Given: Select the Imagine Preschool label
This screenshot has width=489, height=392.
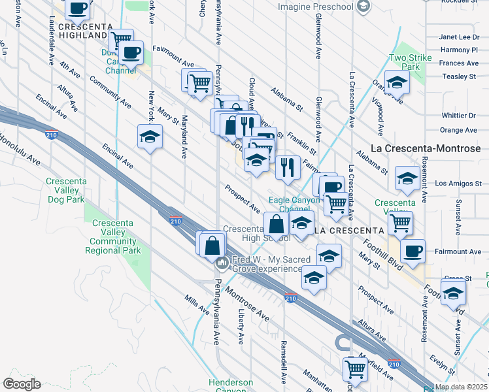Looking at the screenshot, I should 316,7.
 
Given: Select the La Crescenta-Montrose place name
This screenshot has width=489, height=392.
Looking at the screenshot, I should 426,148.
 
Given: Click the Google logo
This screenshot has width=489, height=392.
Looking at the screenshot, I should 22,384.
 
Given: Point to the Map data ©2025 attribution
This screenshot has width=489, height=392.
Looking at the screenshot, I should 461,387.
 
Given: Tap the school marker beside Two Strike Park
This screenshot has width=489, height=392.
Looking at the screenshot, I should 397,83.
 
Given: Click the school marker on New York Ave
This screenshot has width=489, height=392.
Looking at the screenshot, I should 150,137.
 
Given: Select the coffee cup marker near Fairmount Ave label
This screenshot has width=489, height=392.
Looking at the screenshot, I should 413,252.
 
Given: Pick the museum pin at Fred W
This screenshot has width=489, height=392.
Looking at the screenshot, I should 222,263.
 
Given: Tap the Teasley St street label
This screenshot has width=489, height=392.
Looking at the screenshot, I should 459,76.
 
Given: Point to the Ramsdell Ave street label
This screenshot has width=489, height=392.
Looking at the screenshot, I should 284,361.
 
